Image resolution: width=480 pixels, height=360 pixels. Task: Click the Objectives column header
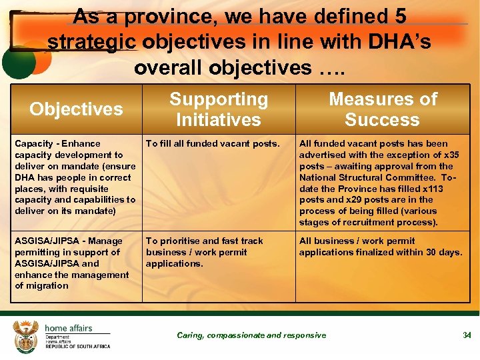(x=76, y=109)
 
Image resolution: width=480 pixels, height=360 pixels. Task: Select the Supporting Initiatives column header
(x=218, y=109)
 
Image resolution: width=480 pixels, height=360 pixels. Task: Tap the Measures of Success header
(x=383, y=109)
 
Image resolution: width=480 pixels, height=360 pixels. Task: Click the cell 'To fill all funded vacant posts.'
(x=211, y=143)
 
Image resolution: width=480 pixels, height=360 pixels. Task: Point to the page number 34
(x=467, y=335)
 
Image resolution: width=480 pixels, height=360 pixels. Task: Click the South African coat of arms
(x=26, y=337)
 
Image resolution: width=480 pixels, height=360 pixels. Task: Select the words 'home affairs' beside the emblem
(x=69, y=328)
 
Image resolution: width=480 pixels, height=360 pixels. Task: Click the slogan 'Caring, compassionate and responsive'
(x=251, y=335)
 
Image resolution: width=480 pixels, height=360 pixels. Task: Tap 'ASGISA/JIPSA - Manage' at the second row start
(x=69, y=241)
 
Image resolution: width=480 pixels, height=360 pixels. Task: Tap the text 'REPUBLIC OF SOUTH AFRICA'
(x=78, y=347)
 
